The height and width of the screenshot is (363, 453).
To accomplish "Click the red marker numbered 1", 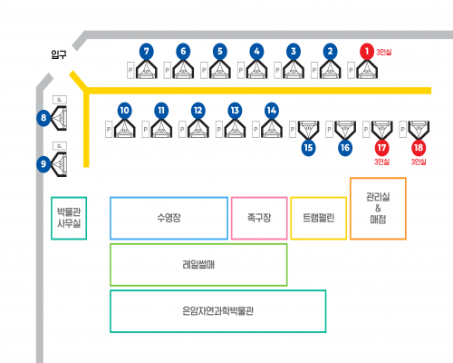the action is click(x=367, y=51).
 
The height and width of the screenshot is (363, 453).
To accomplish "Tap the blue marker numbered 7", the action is click(x=147, y=51).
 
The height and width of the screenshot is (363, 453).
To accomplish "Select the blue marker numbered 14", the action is click(x=272, y=111).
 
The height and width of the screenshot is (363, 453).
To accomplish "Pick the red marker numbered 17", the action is click(x=381, y=148).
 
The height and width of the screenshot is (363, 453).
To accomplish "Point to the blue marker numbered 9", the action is click(x=43, y=164).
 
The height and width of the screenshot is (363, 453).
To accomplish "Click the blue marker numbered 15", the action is click(x=308, y=148).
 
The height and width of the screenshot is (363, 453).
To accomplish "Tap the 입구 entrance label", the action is click(x=59, y=54).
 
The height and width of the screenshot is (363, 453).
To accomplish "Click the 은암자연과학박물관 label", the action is click(x=217, y=311).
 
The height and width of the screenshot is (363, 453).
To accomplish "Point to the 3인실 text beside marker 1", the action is click(x=384, y=52).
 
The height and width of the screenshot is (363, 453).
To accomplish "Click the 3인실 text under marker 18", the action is click(x=419, y=162).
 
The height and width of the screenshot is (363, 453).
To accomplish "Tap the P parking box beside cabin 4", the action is click(x=241, y=70).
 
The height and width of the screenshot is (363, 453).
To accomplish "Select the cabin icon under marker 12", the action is click(x=198, y=129).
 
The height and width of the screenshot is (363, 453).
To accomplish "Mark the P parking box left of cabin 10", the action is click(x=109, y=130).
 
